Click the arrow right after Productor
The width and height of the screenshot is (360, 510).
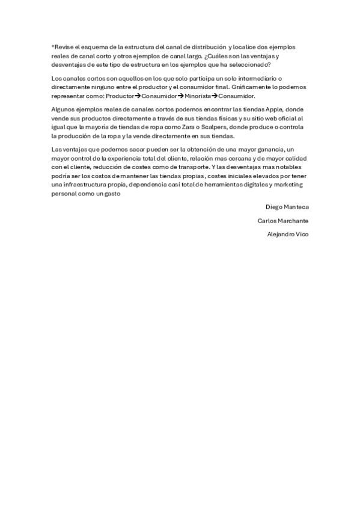(138, 96)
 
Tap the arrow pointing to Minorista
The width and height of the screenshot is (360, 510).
(181, 96)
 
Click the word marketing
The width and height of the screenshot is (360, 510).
(290, 185)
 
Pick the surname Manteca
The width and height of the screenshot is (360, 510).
(296, 207)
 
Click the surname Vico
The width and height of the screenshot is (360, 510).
(303, 234)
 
